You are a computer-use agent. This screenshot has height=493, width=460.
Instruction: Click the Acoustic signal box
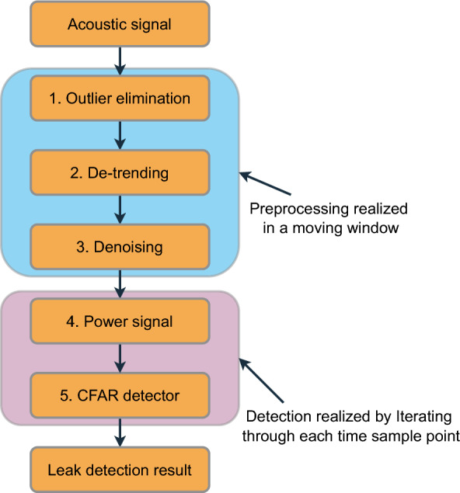click(120, 23)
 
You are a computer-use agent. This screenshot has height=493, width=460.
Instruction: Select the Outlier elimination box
click(120, 100)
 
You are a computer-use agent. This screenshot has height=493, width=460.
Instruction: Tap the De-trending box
click(120, 172)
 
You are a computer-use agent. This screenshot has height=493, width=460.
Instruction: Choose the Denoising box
click(120, 247)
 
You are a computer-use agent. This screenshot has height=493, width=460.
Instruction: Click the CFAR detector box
click(120, 395)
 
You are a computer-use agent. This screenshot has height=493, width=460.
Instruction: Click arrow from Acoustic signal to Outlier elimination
click(120, 59)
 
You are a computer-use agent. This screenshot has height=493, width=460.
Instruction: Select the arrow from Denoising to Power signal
click(120, 285)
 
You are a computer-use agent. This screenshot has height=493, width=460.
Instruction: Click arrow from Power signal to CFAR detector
click(120, 359)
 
